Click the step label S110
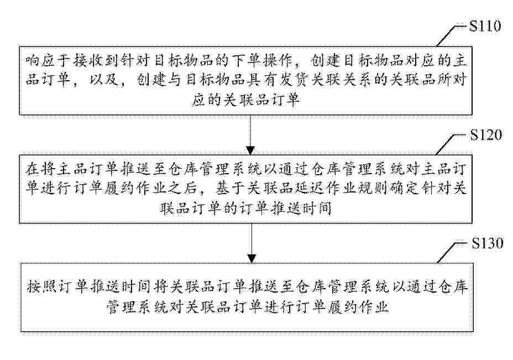485,26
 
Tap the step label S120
486,134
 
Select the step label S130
487,243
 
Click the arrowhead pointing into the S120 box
250,150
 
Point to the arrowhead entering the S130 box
252,259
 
